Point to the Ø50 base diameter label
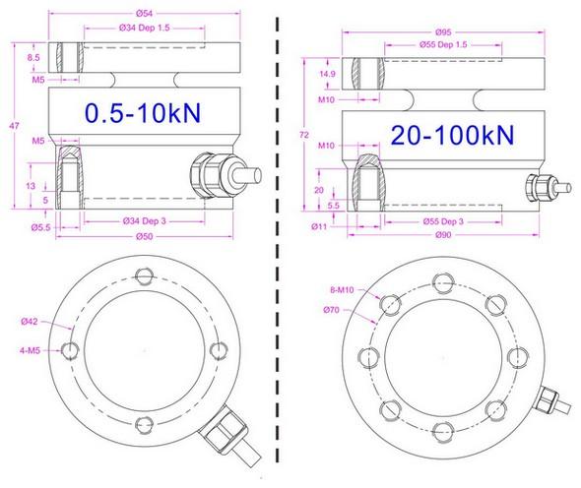(146, 236)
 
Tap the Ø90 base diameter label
(427, 237)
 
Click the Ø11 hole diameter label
(317, 226)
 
